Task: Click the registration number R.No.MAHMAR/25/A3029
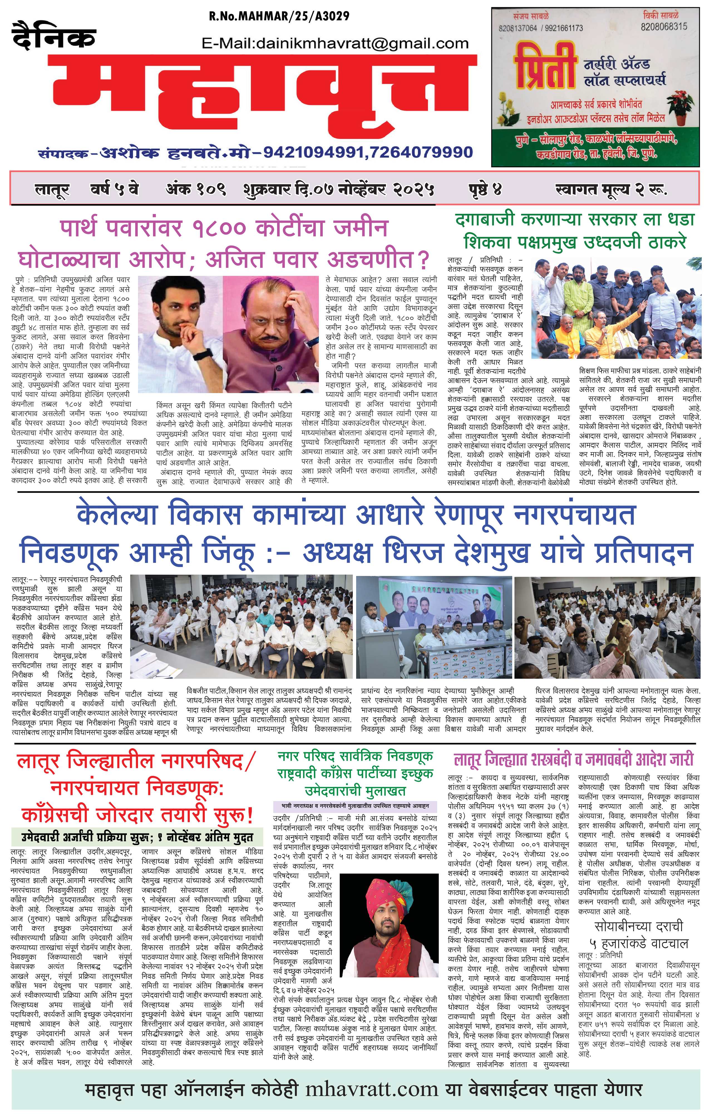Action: click(x=279, y=16)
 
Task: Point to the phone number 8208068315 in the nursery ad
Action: click(x=664, y=26)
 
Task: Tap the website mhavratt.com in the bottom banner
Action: click(x=371, y=1090)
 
